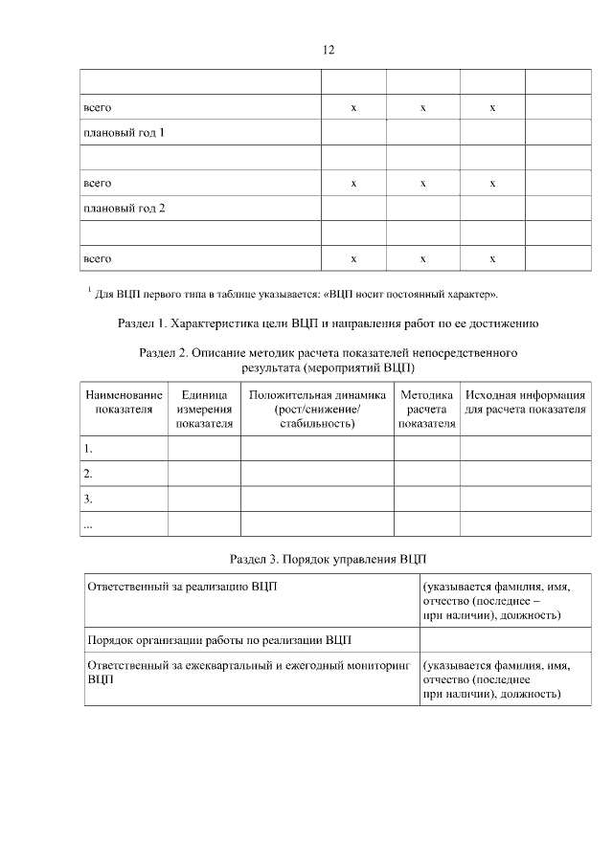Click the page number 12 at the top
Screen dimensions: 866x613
[x=329, y=49]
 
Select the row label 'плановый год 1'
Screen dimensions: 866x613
[x=125, y=133]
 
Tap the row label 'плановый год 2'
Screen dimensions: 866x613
[x=125, y=208]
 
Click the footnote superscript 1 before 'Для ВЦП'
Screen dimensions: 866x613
[x=88, y=288]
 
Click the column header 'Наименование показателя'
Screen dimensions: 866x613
[x=125, y=402]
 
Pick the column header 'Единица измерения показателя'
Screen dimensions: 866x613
[x=204, y=409]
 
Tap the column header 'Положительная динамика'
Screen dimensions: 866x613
[x=316, y=409]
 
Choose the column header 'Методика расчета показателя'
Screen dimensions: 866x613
[x=426, y=409]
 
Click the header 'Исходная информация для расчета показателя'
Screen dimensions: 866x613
[x=525, y=402]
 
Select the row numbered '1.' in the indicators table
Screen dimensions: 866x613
[x=88, y=448]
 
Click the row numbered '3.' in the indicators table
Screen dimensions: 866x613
[x=88, y=499]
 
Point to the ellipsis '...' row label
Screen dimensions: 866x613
[x=88, y=524]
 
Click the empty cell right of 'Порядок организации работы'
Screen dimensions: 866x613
[x=504, y=638]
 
